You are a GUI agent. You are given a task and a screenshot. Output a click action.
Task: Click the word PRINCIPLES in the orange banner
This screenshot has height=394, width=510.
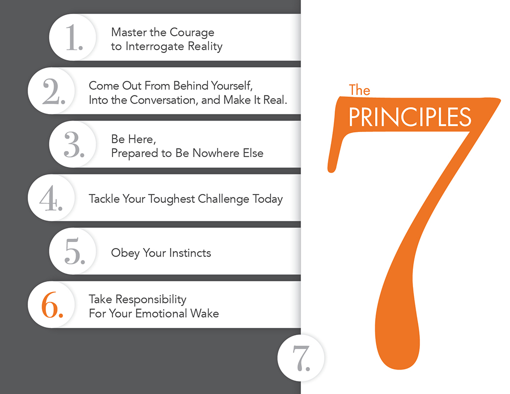click(410, 117)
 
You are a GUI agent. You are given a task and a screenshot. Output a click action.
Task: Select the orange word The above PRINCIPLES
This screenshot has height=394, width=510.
click(359, 90)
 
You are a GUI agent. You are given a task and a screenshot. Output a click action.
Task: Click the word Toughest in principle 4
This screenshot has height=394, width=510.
click(171, 199)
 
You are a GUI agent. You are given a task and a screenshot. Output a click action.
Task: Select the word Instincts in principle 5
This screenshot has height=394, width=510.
click(190, 253)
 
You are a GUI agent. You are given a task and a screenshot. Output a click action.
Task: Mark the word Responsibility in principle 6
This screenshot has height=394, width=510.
click(151, 299)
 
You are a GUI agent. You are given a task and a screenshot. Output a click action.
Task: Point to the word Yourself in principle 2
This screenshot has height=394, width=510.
click(232, 86)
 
